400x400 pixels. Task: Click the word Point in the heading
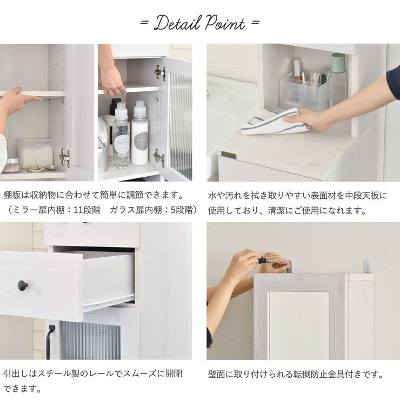[x=225, y=23]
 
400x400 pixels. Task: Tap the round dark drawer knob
[x=23, y=285]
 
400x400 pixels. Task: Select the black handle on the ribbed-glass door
[x=50, y=341]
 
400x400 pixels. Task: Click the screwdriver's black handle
[x=262, y=260]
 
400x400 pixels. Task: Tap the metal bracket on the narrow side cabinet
[x=368, y=266]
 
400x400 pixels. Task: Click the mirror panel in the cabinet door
[x=299, y=325]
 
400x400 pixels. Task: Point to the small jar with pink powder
[x=12, y=165]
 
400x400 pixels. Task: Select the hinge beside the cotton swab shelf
[x=64, y=157]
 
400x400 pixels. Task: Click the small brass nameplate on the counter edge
[x=228, y=155]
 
